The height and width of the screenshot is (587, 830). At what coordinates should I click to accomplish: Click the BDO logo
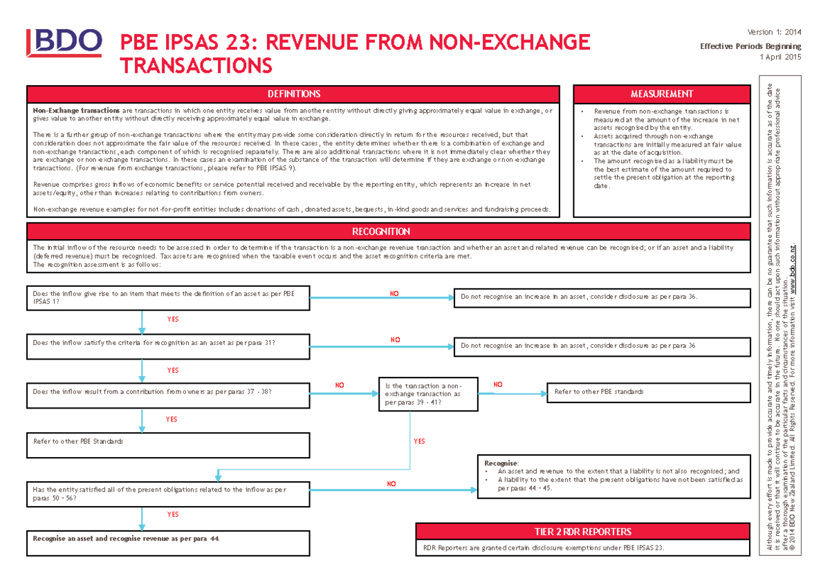click(x=64, y=45)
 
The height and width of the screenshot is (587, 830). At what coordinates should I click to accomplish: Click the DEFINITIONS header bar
click(x=293, y=94)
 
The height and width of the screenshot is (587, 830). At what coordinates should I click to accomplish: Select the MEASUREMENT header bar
click(x=662, y=94)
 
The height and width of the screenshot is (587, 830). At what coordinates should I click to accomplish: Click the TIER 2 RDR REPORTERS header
click(x=582, y=532)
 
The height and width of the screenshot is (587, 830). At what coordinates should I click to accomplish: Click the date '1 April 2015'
click(x=780, y=57)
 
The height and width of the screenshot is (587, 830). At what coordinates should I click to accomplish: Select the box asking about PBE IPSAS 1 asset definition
click(x=168, y=298)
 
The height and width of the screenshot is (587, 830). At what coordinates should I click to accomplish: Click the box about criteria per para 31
click(x=168, y=342)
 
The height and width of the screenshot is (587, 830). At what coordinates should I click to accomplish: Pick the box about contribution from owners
click(x=168, y=392)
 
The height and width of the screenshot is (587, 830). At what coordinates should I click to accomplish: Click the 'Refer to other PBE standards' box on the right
click(x=648, y=392)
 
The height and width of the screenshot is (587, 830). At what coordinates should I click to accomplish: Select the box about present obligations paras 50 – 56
click(x=168, y=494)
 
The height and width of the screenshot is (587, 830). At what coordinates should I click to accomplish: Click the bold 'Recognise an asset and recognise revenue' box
click(x=168, y=537)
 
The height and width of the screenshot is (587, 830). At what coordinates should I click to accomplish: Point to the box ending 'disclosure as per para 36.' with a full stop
click(x=602, y=297)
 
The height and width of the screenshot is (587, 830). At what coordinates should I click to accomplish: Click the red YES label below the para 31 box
click(x=172, y=370)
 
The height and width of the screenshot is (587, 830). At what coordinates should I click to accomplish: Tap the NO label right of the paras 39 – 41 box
click(x=498, y=384)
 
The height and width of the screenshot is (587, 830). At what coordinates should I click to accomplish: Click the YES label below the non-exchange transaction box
click(x=419, y=441)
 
